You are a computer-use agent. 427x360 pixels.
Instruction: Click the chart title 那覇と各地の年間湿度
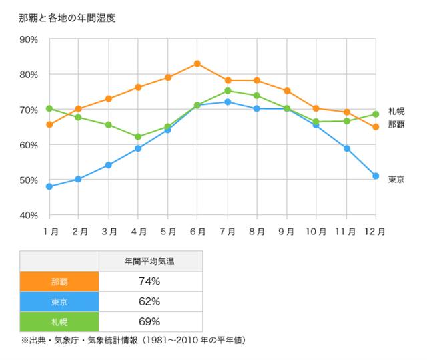coord(68,19)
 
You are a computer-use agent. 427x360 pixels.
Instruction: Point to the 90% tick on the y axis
coord(29,39)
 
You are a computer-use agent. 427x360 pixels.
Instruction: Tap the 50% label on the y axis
coord(29,180)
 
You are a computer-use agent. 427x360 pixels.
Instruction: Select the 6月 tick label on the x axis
coord(197,232)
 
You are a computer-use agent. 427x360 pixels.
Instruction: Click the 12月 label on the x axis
coord(375,232)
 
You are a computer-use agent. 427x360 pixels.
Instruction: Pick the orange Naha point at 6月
coord(197,63)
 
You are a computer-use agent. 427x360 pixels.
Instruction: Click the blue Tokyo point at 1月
coord(49,186)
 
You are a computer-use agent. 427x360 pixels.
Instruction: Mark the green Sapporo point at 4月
coord(138,136)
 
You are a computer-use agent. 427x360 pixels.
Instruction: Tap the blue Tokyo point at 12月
coord(376,176)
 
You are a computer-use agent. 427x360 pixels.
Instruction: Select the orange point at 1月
coord(49,124)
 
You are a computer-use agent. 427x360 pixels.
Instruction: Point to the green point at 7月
coord(228,91)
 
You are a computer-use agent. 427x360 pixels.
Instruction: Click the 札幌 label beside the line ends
coord(396,111)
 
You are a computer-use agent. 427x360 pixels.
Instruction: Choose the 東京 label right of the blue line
coord(396,180)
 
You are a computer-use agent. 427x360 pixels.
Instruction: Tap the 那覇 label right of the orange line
coord(396,125)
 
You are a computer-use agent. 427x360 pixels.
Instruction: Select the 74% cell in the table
coord(149,281)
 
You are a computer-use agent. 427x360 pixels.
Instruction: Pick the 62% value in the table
coord(149,301)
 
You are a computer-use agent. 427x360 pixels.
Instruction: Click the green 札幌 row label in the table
coord(59,322)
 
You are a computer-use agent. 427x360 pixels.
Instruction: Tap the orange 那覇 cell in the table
coord(59,281)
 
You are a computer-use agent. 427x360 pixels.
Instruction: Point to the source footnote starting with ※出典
coord(133,340)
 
